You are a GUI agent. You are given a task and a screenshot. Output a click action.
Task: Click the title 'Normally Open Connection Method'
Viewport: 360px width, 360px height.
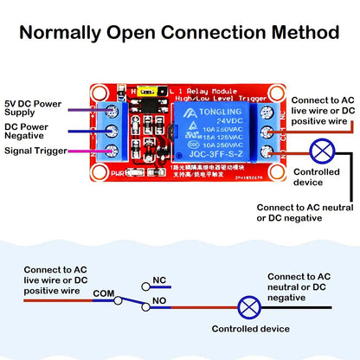point(179,32)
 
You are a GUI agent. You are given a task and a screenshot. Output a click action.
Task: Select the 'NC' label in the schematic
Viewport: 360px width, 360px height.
point(158,281)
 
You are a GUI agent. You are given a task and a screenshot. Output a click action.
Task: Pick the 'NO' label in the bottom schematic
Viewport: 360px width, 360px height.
point(158,301)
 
